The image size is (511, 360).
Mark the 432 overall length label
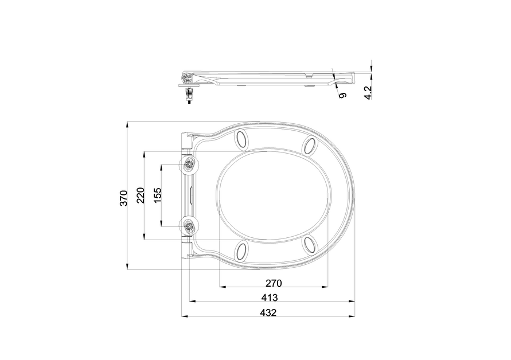click(268, 313)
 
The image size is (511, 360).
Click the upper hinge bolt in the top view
click(190, 165)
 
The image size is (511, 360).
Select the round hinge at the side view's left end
click(187, 77)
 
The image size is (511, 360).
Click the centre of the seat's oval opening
click(274, 195)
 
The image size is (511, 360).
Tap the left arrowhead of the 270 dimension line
click(221, 285)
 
